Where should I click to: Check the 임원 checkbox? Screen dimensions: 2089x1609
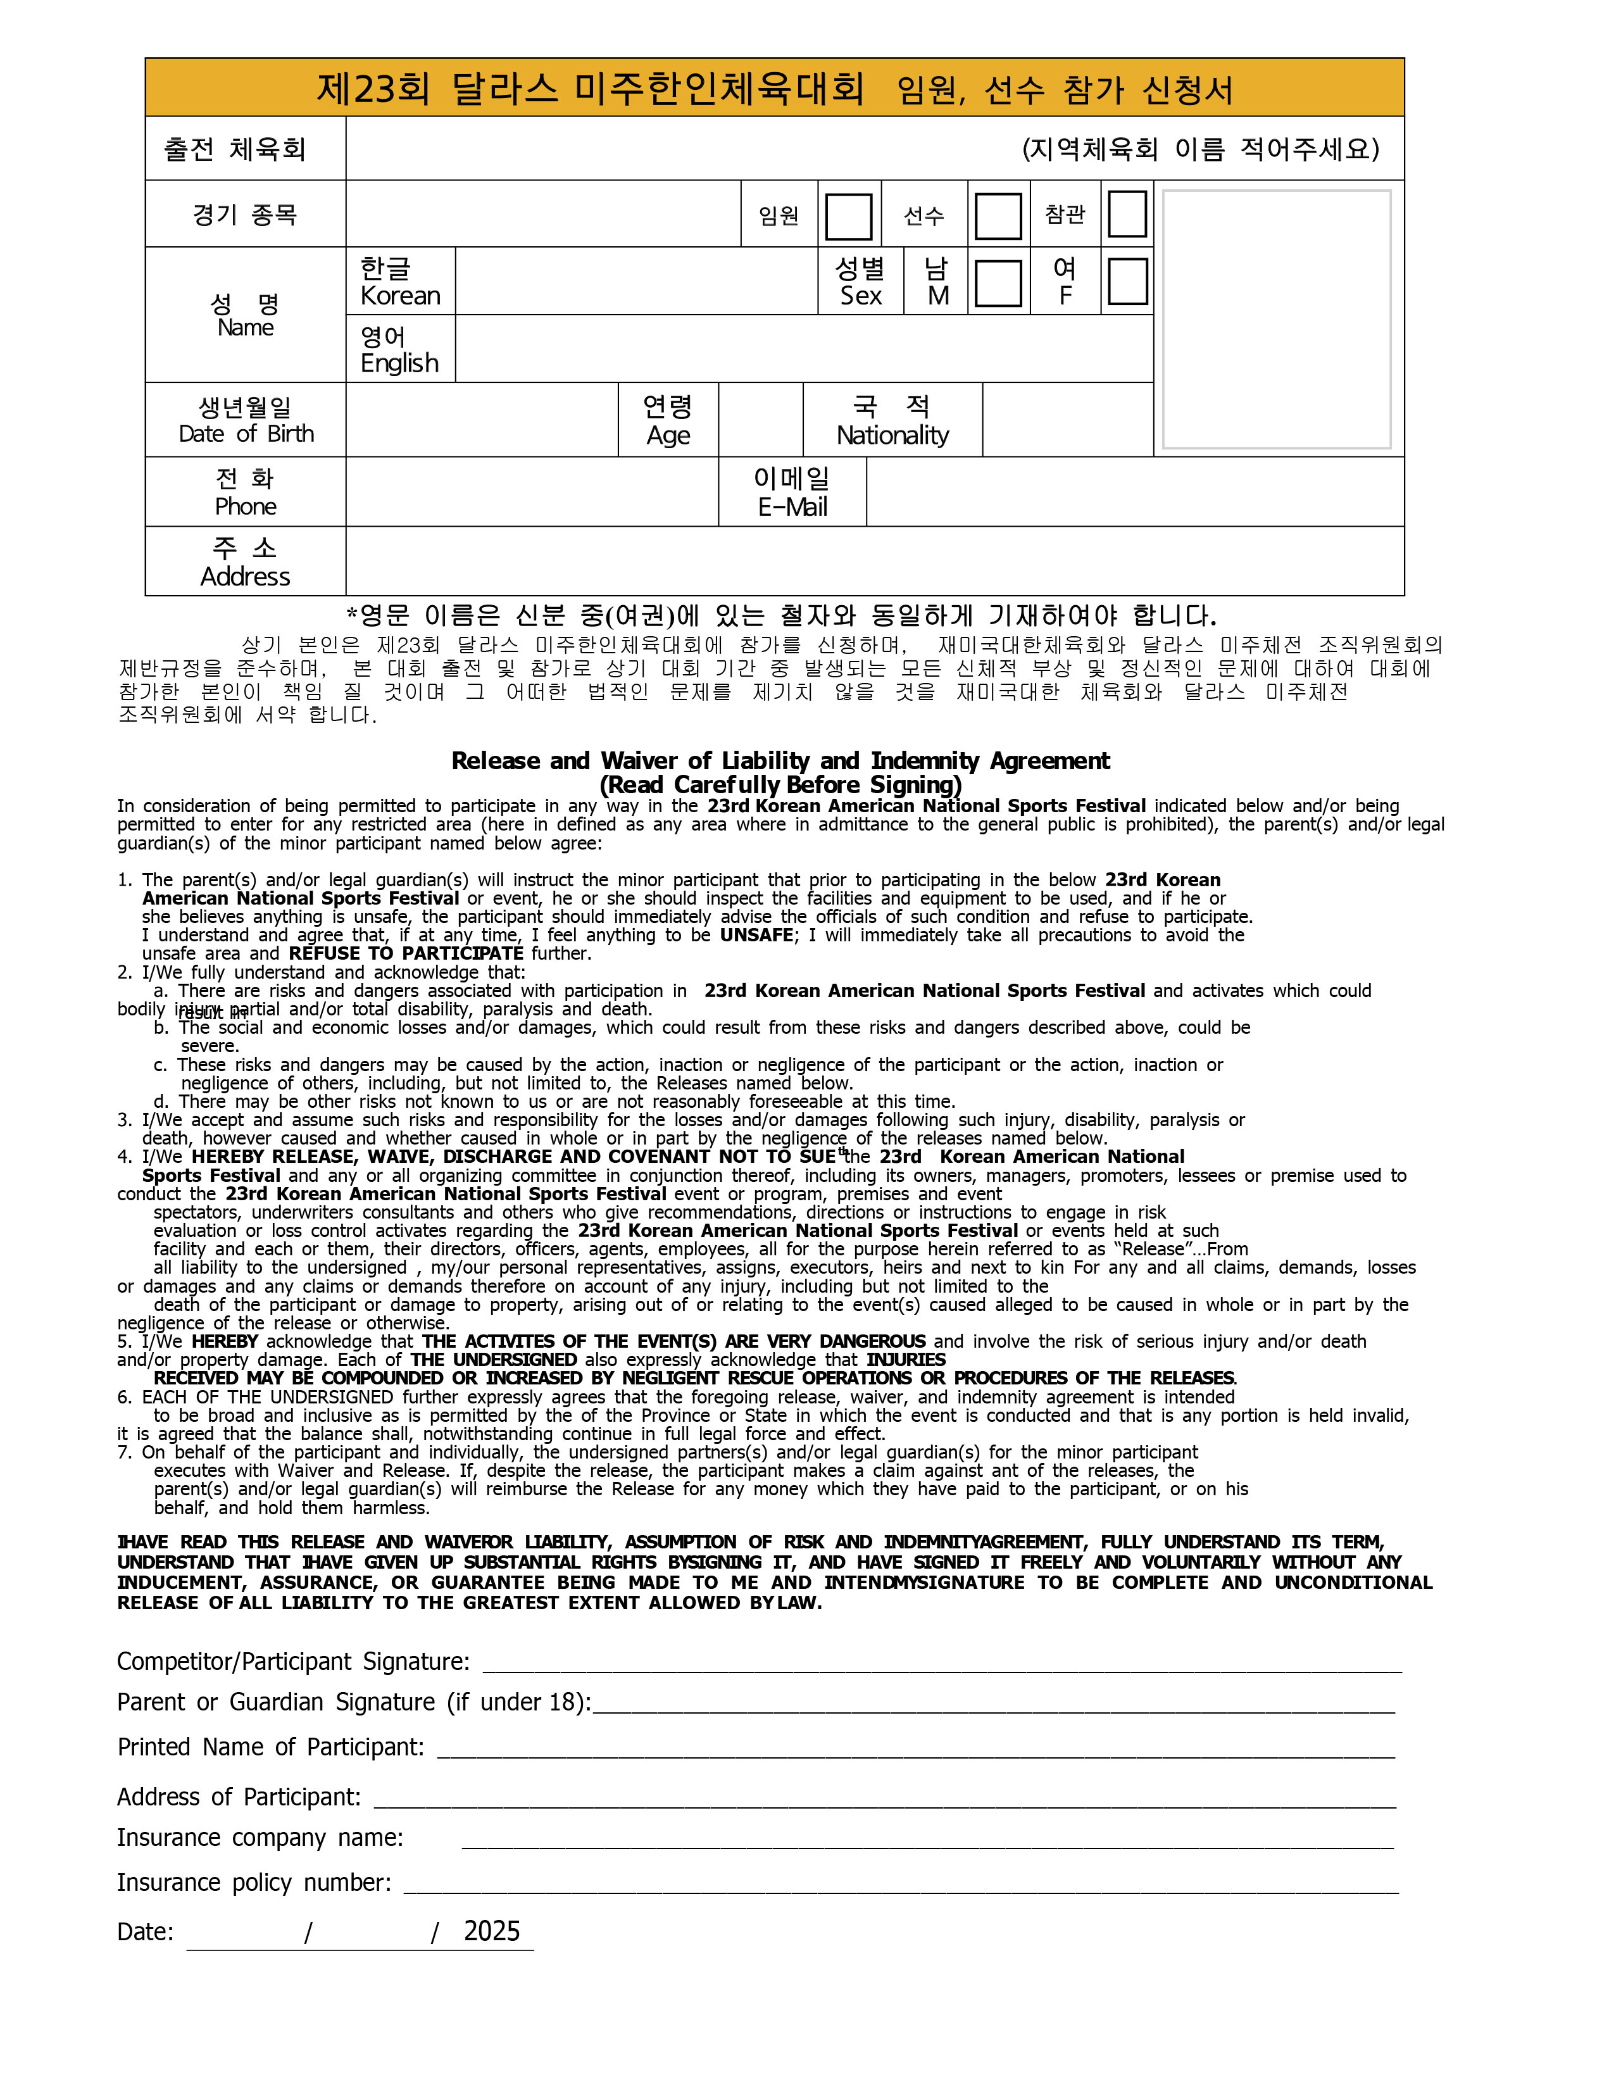848,216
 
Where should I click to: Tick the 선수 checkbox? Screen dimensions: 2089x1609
998,216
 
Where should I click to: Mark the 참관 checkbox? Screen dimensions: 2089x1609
1126,214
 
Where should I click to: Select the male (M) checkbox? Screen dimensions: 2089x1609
998,283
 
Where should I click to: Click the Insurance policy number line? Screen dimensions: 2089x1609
900,1885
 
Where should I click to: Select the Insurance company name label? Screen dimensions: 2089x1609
260,1838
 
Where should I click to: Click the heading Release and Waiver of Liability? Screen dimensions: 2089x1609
780,762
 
